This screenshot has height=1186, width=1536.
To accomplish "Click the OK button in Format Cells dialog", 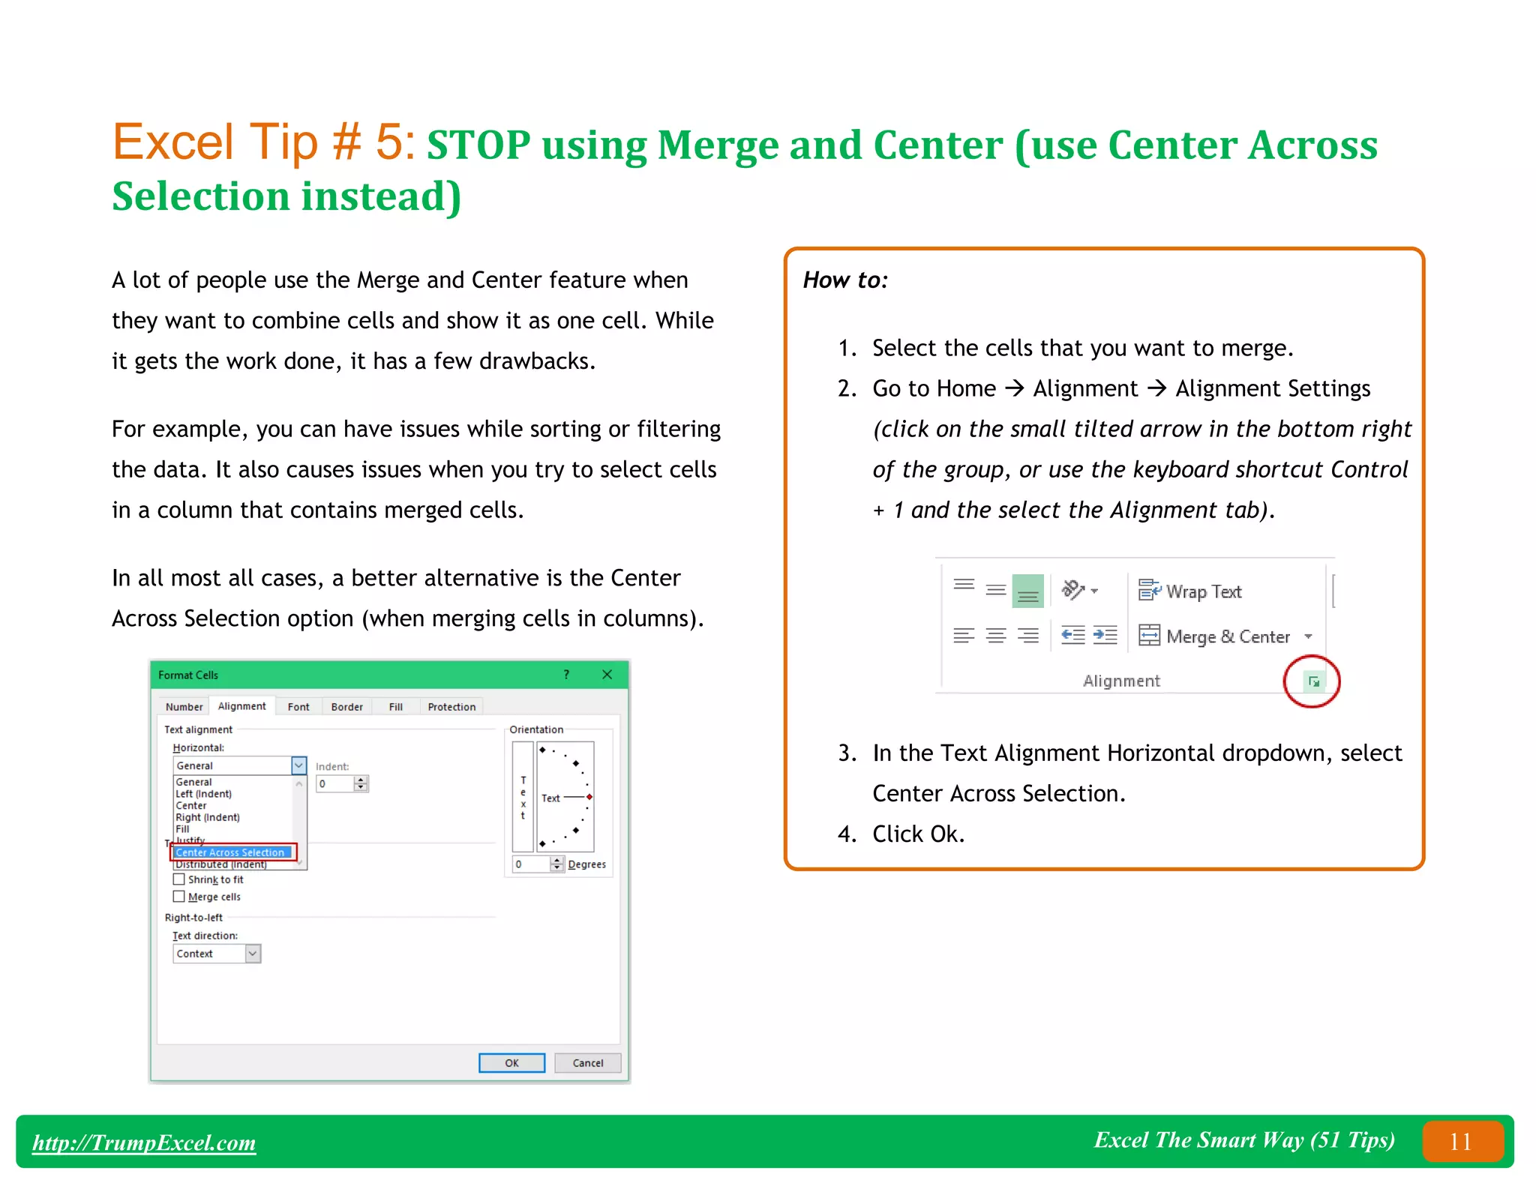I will coord(511,1062).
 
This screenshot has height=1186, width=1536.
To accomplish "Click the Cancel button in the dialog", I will coord(587,1062).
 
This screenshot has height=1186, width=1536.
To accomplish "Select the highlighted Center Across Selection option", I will coord(230,852).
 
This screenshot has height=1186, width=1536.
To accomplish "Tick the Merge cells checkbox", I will coord(179,897).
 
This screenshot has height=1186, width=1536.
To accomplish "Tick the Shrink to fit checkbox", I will coord(179,879).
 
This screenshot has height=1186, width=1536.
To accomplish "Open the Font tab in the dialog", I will coord(298,706).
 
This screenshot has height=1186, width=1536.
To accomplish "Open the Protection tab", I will coord(451,706).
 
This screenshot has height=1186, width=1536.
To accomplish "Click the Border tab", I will coord(346,706).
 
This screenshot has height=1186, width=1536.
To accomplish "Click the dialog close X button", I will coord(607,675).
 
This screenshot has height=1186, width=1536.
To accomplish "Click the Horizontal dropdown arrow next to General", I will coord(298,765).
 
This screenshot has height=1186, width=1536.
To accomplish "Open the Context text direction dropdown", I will coord(253,954).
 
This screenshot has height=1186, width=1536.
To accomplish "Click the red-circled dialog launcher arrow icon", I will coord(1313,681).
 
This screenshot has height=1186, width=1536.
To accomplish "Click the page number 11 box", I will coord(1462,1141).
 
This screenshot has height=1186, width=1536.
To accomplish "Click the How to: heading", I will coord(845,280).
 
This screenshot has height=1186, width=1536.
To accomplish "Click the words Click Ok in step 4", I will coord(917,834).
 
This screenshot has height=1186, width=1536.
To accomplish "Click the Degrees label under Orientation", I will coord(586,864).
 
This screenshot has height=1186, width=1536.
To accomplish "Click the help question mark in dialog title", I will coord(566,675).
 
